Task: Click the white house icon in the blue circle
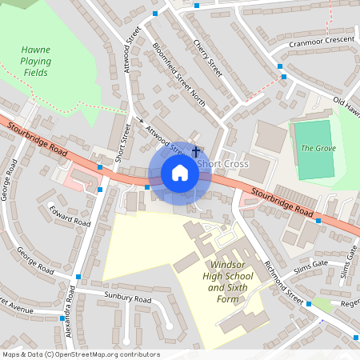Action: coord(180,173)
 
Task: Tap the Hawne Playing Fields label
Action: coord(36,62)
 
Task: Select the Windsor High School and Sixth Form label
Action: coord(228,281)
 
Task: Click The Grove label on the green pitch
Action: coord(318,148)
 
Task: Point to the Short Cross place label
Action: coord(222,164)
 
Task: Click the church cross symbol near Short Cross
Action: coord(196,150)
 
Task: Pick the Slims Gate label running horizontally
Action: coord(310,264)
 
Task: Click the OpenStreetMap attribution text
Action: coord(81,354)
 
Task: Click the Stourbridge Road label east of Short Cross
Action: coord(281,202)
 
